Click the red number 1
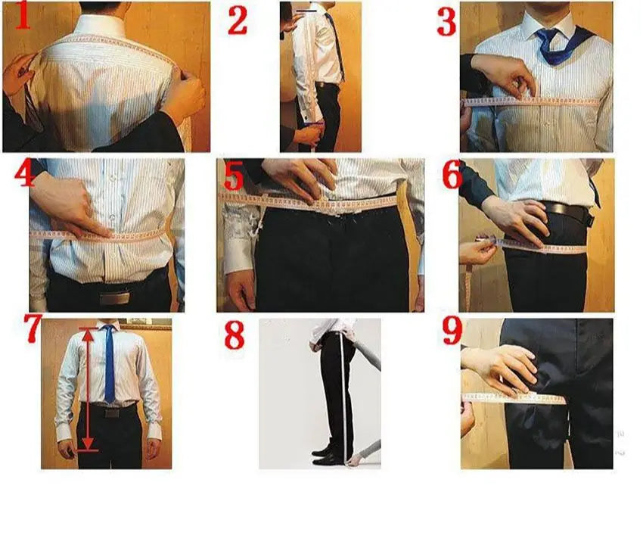[x=22, y=16]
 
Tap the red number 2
[x=238, y=21]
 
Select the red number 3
[x=446, y=22]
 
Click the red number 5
[x=235, y=178]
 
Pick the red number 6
[x=452, y=176]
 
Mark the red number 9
[x=452, y=331]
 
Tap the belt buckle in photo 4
[x=114, y=297]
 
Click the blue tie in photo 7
[x=109, y=363]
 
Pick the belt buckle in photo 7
[x=111, y=412]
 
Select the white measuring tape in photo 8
[x=344, y=398]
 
